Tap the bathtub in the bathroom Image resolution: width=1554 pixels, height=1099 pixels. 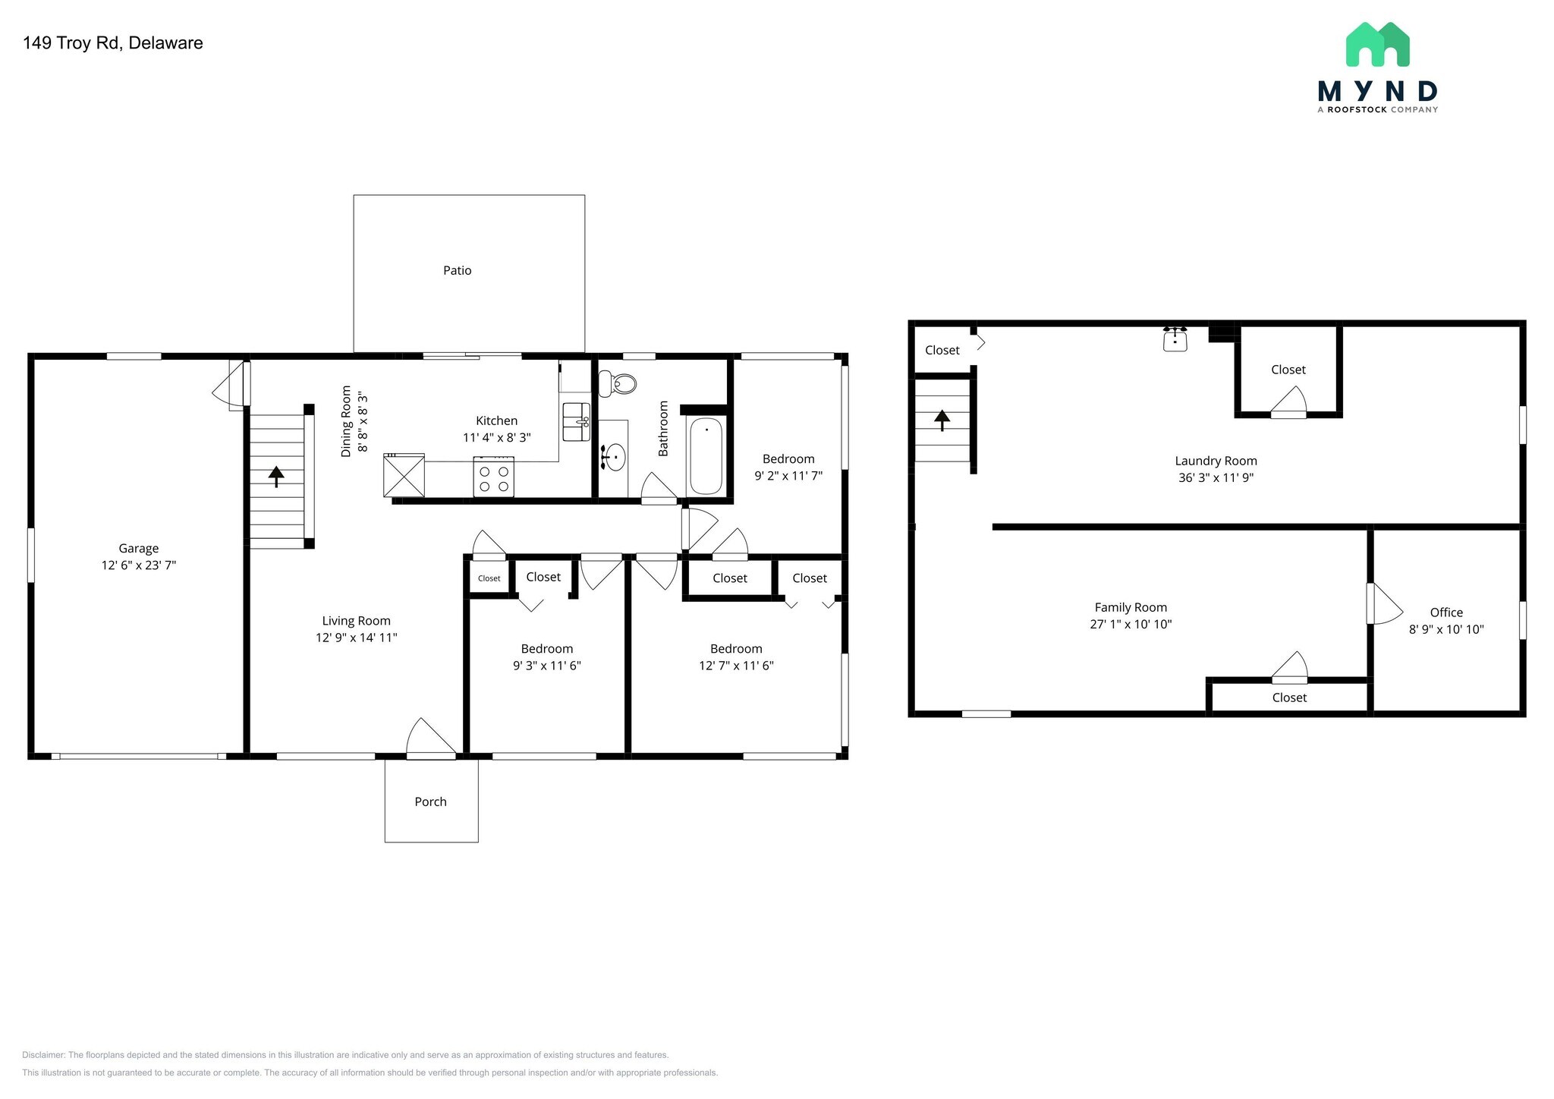[x=706, y=455]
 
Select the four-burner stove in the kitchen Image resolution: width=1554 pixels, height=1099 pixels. [x=493, y=477]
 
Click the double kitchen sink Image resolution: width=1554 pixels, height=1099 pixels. [x=576, y=422]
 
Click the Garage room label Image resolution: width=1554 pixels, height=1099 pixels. [x=139, y=548]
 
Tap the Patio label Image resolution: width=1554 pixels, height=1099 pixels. [x=458, y=270]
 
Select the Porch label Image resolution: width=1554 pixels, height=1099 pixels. [x=430, y=801]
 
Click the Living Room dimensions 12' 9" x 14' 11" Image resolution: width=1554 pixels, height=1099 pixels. [x=357, y=638]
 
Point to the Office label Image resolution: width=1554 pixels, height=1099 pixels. [x=1446, y=612]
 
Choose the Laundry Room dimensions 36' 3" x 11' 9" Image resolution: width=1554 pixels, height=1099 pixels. [x=1216, y=477]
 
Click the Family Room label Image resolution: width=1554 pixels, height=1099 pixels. [x=1131, y=607]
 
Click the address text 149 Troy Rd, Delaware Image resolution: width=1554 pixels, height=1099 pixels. [x=113, y=43]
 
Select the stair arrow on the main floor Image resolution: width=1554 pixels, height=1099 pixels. [x=276, y=476]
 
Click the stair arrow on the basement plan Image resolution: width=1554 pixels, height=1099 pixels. [x=942, y=420]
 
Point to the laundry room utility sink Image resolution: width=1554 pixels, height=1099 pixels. [x=1175, y=339]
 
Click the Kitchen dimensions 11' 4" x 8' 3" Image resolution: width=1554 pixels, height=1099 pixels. [x=497, y=438]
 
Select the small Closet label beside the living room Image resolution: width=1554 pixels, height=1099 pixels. [x=489, y=578]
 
